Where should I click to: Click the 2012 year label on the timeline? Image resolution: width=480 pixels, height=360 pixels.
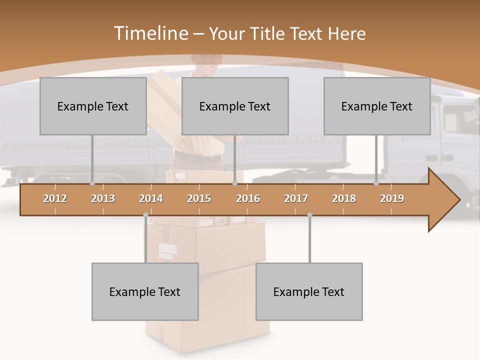[x=55, y=198]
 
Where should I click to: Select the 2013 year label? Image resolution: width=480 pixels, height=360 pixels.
[x=103, y=198]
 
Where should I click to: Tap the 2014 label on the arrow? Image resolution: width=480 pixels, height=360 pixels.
[x=151, y=198]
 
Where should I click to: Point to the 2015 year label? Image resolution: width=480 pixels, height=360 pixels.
[x=199, y=198]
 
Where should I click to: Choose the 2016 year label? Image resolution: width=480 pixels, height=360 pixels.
[x=248, y=198]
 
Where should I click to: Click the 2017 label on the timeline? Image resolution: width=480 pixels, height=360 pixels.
[x=296, y=198]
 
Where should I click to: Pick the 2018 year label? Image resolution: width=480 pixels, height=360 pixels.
[x=344, y=198]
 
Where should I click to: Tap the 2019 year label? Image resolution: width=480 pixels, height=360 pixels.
[x=392, y=198]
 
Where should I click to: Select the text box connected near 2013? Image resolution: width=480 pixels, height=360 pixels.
[x=92, y=106]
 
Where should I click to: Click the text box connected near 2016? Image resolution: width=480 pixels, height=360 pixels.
[x=234, y=106]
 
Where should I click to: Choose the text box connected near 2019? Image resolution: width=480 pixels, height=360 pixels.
[x=376, y=106]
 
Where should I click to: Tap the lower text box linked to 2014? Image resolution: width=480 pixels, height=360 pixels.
[x=145, y=291]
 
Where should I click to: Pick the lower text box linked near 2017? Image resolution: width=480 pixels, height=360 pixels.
[x=309, y=291]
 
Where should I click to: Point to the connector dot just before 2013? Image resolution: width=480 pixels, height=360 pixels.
[x=92, y=183]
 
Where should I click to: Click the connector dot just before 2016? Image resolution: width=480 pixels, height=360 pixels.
[x=234, y=183]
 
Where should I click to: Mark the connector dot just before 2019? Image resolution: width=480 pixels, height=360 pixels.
[x=376, y=183]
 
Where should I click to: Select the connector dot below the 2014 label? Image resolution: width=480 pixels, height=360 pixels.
[x=145, y=215]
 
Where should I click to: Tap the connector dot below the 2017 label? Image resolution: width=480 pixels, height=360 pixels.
[x=309, y=215]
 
